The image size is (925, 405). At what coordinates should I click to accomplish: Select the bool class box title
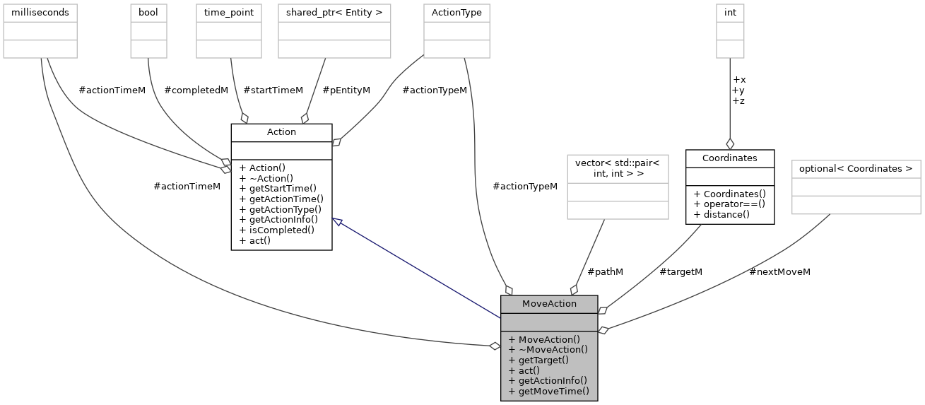[148, 13]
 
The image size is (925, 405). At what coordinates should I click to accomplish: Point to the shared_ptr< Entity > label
[334, 13]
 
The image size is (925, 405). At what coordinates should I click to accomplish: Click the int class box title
[730, 13]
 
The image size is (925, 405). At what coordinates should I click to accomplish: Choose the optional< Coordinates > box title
[856, 169]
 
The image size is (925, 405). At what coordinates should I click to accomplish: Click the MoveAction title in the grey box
[549, 304]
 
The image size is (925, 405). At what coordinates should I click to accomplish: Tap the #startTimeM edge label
[273, 90]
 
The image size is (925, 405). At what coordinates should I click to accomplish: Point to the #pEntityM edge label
[346, 90]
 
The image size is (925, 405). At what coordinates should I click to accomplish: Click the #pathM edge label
[606, 271]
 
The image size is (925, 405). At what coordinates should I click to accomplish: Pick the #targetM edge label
[681, 271]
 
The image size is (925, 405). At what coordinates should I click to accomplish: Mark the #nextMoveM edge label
[779, 271]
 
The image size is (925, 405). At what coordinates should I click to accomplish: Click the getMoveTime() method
[553, 391]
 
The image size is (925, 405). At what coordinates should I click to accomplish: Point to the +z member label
[738, 100]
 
